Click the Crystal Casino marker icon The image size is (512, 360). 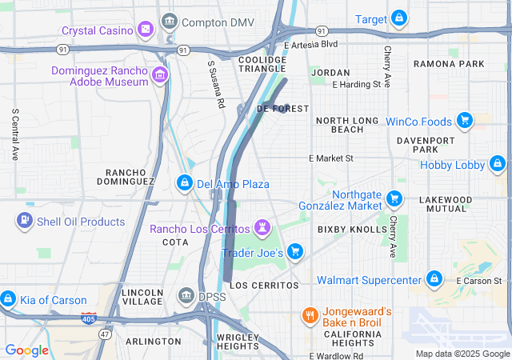pyautogui.click(x=146, y=30)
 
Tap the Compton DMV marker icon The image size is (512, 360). pyautogui.click(x=169, y=22)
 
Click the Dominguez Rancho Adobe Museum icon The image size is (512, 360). pyautogui.click(x=160, y=76)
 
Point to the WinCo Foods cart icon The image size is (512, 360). pyautogui.click(x=463, y=122)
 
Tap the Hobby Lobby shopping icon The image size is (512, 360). pyautogui.click(x=498, y=165)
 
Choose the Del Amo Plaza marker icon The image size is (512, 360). pyautogui.click(x=185, y=183)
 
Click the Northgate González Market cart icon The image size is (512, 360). pyautogui.click(x=394, y=198)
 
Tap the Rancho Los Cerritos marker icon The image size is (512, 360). pyautogui.click(x=262, y=229)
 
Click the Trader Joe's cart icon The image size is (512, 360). pyautogui.click(x=295, y=252)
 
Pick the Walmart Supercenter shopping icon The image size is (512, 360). pyautogui.click(x=434, y=279)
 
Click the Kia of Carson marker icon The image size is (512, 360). pyautogui.click(x=8, y=299)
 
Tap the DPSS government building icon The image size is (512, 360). pyautogui.click(x=186, y=296)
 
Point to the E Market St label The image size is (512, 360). pyautogui.click(x=331, y=158)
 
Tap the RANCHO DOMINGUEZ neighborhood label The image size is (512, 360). pyautogui.click(x=130, y=177)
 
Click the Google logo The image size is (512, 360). pyautogui.click(x=26, y=350)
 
